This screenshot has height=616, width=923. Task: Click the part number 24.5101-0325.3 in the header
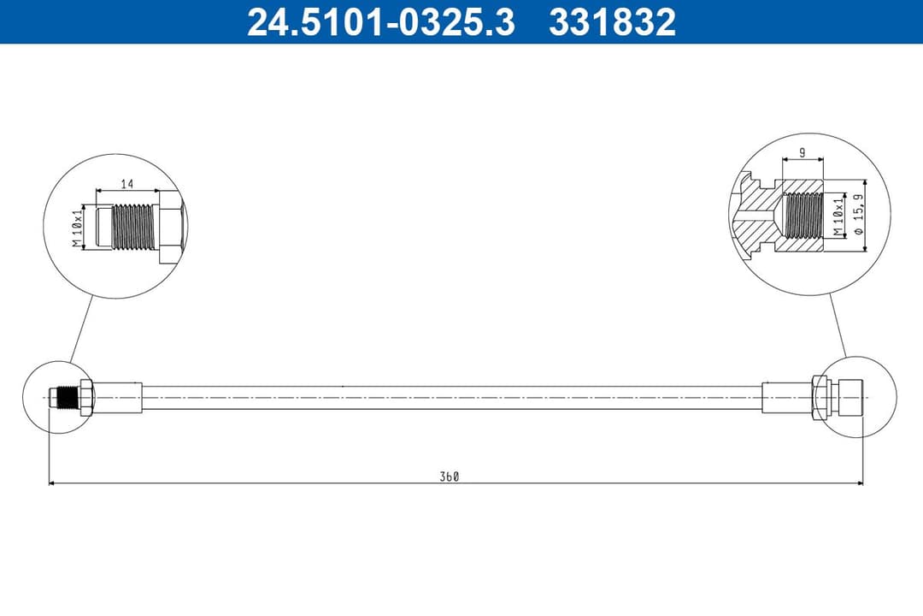380,22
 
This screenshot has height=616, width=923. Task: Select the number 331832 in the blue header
612,22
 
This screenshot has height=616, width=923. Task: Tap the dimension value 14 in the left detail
127,183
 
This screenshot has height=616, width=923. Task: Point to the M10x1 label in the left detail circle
77,228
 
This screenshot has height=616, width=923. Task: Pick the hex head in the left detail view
168,228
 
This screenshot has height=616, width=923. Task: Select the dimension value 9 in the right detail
802,152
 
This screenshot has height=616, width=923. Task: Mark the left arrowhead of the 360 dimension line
52,483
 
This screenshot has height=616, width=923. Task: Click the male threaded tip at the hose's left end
62,398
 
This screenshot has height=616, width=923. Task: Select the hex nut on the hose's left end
85,398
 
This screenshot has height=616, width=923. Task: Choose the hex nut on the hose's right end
819,398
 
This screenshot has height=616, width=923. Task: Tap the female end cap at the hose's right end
849,398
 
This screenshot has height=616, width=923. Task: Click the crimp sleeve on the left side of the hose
118,398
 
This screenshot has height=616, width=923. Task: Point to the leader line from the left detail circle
79,328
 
